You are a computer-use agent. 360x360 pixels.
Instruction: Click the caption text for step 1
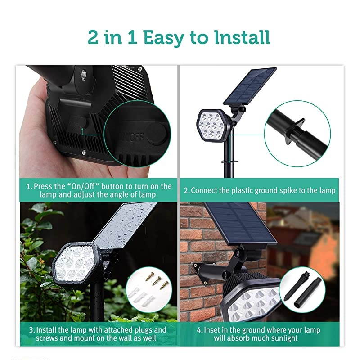(99, 190)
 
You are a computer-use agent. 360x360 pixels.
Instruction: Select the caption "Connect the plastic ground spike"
(263, 190)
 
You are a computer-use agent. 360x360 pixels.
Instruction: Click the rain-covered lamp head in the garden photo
(74, 263)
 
